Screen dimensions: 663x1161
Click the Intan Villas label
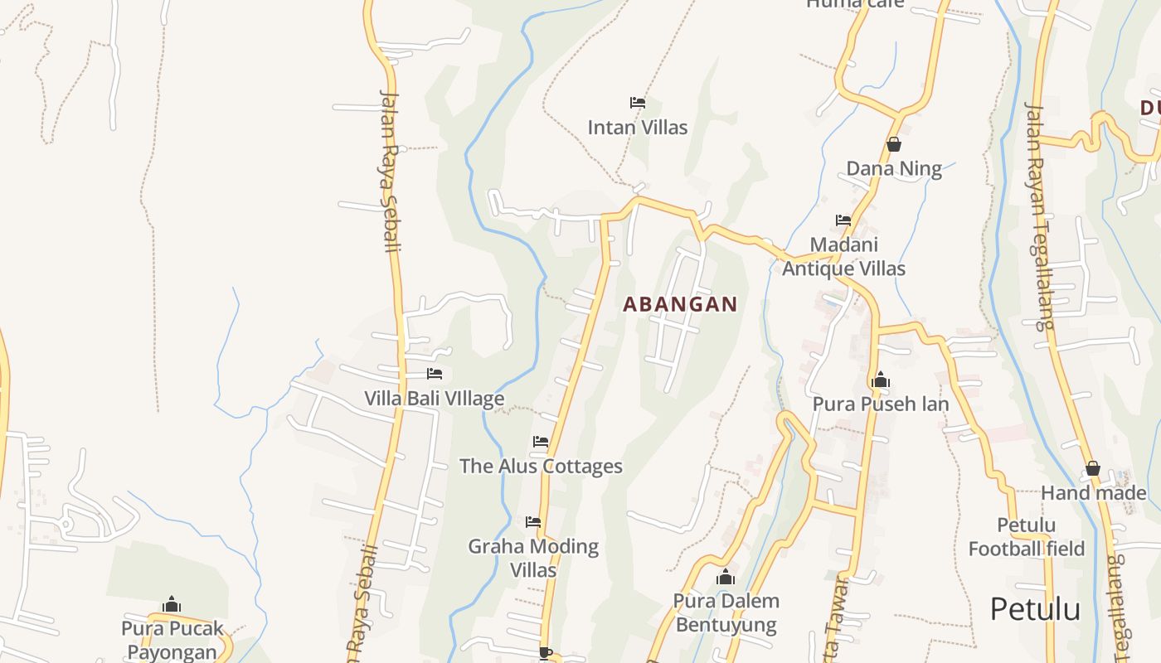coord(637,128)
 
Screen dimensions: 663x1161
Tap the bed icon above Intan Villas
coord(637,103)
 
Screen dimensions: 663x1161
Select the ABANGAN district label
coord(680,304)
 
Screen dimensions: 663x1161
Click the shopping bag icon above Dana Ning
coord(894,144)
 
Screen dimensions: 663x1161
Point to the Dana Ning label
coord(894,169)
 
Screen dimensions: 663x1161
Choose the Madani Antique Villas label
coord(843,257)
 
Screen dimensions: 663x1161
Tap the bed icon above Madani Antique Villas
coord(843,220)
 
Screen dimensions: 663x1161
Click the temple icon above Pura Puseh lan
coord(880,380)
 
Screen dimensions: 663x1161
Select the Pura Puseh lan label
coord(880,404)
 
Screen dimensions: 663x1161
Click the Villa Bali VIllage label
coord(434,399)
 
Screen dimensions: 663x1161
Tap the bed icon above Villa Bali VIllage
coord(434,374)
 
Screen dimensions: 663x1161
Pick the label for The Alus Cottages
coord(541,467)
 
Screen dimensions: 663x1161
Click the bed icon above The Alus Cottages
coord(541,442)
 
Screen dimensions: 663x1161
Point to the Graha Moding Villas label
coord(533,558)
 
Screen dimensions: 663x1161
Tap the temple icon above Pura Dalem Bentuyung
coord(726,577)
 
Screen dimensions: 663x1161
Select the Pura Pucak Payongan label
coord(172,640)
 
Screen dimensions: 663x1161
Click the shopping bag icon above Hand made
coord(1093,469)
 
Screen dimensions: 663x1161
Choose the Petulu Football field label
coord(1027,537)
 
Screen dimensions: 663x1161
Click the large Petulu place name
coord(1035,610)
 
